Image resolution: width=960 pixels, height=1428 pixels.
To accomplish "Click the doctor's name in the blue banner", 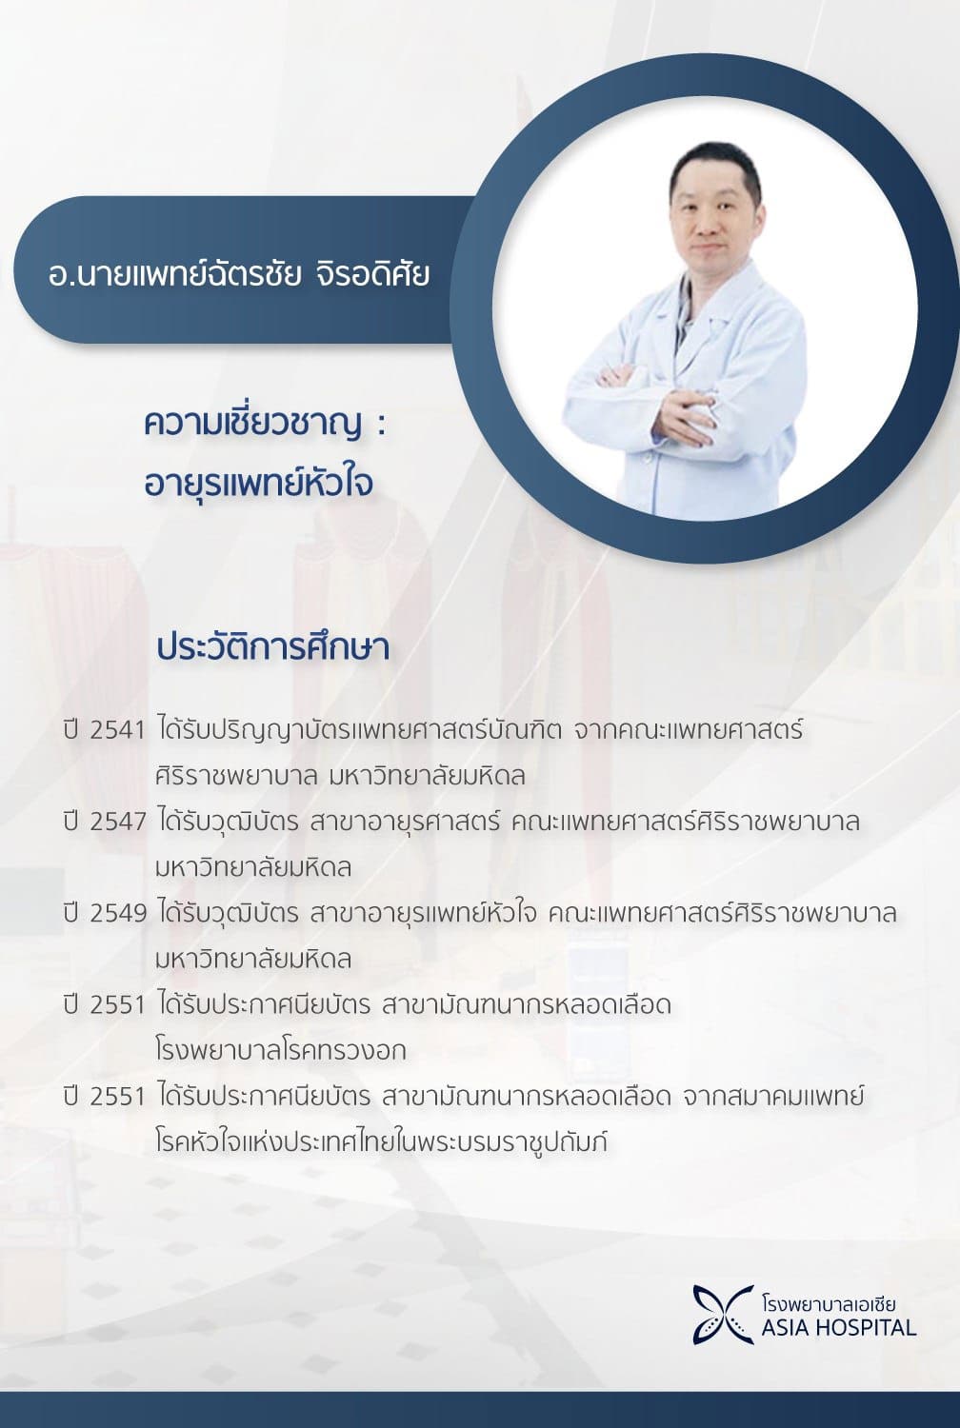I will (x=239, y=274).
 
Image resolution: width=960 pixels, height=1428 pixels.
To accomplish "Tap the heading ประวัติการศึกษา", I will (x=272, y=647).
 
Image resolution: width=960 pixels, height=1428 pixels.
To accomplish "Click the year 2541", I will (x=117, y=731).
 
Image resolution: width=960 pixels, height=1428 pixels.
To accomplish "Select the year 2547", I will (x=117, y=822).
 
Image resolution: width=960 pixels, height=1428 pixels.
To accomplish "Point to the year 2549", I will (x=117, y=913).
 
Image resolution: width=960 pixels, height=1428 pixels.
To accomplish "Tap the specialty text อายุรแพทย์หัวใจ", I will (x=258, y=482).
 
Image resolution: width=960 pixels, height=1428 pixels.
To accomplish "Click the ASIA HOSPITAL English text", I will (x=838, y=1327).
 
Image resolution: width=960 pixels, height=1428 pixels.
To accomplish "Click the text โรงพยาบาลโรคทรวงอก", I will (x=280, y=1051).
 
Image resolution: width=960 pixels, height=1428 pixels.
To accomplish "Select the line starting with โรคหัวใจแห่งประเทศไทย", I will (x=381, y=1141).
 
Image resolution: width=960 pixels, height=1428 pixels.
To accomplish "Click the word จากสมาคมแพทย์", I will (x=772, y=1096).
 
